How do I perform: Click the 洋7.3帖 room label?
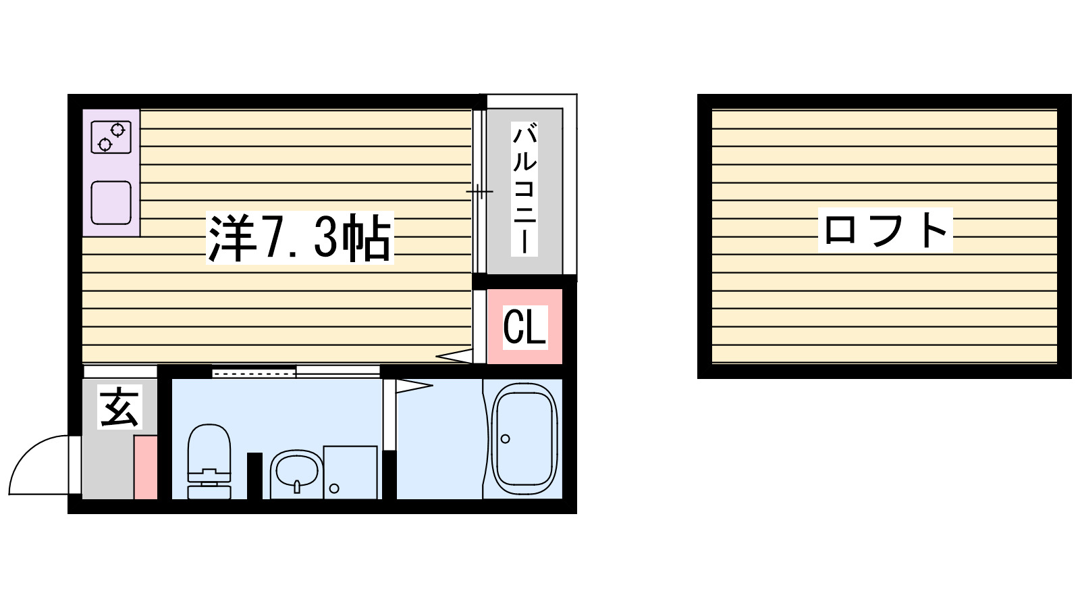coord(300,238)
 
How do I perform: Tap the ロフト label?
coord(886,230)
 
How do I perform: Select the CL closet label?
coord(524,327)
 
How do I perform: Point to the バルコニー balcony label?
coord(524,189)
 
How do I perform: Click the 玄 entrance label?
coord(120,407)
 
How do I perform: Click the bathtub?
coord(525,439)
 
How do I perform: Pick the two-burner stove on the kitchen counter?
coord(111,136)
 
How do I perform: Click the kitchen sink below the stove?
coord(111,203)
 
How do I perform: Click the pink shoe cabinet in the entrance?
coord(145,467)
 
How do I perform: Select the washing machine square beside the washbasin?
coord(350,472)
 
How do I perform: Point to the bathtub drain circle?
coord(506,438)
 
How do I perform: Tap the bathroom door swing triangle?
coord(412,386)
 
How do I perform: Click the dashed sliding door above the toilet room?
coord(254,372)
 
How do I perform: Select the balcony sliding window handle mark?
coord(479,192)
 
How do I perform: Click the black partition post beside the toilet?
coord(254,476)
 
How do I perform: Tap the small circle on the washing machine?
coord(333,488)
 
